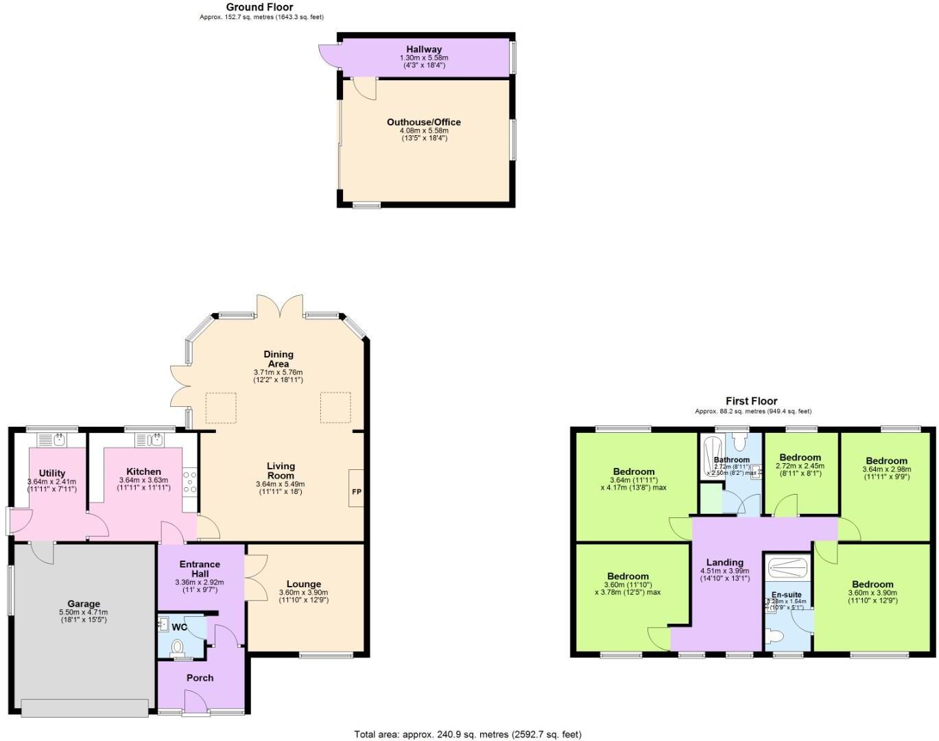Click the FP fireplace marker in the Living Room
tap(357, 491)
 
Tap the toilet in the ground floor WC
tap(178, 647)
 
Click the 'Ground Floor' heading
tap(260, 7)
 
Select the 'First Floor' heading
tap(752, 401)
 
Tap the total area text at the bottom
tap(468, 734)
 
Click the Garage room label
tap(84, 604)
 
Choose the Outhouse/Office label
tap(424, 122)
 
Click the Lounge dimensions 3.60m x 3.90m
tap(303, 593)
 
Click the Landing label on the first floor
tap(724, 563)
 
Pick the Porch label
tap(200, 678)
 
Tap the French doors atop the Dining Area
tap(280, 306)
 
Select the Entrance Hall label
tap(200, 569)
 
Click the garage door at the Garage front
tap(85, 708)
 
